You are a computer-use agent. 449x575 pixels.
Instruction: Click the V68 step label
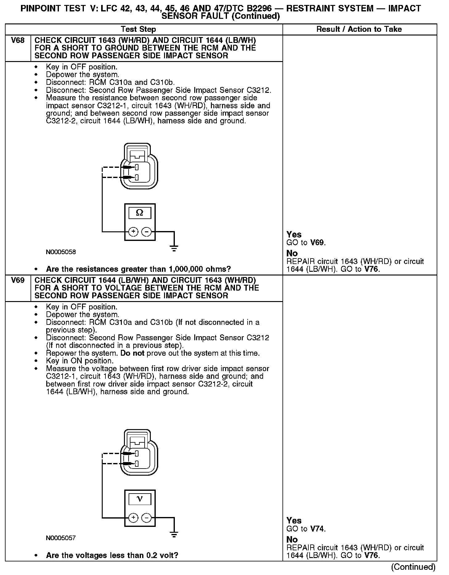18,40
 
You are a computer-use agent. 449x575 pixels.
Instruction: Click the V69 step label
18,280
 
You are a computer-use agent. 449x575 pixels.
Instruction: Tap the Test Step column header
138,29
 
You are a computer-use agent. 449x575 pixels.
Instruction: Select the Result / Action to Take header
359,29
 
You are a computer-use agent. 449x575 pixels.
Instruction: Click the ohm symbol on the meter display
140,213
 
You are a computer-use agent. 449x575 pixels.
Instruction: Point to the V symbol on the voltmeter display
140,499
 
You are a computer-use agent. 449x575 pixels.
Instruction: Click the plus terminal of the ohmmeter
133,231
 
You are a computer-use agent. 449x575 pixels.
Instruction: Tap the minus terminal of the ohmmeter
146,231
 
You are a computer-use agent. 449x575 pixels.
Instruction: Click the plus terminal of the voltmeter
133,518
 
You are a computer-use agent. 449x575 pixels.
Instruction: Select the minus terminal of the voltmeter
146,518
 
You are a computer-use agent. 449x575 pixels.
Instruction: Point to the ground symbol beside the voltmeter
174,534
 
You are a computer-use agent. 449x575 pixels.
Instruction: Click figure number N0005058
61,252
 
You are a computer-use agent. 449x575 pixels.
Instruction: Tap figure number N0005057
61,538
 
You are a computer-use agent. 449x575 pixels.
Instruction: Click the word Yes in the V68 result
294,234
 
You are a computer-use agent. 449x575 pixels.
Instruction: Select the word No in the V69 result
292,540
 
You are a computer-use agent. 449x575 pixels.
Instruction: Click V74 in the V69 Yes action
317,529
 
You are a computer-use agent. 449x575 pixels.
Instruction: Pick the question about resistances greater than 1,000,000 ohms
138,269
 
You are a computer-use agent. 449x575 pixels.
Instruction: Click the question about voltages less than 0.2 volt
112,556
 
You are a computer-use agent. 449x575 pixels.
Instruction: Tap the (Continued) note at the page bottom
413,567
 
